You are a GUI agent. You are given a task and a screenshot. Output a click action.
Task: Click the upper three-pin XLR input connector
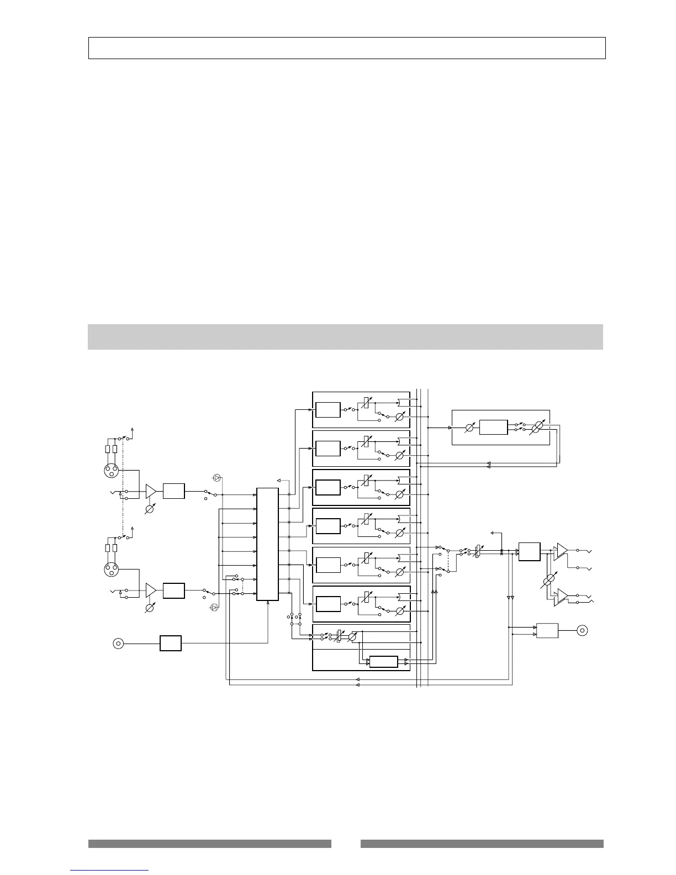point(112,471)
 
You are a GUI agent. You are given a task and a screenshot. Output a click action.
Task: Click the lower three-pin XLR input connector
point(112,570)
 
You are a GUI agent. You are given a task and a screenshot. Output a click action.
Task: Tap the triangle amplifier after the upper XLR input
point(151,491)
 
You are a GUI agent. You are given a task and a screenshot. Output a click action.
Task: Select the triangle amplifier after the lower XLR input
point(151,590)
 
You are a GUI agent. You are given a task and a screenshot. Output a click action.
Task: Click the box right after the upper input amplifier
point(174,491)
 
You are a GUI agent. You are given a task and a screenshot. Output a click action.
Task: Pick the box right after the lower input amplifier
point(174,590)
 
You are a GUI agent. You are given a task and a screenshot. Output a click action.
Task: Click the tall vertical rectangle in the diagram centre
point(267,544)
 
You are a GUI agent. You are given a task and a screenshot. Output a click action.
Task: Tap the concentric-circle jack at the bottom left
point(118,643)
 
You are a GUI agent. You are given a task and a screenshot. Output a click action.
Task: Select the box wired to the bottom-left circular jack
point(171,643)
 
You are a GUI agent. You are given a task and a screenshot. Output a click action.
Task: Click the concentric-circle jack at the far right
point(583,630)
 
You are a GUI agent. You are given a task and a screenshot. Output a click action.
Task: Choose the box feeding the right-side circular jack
point(547,630)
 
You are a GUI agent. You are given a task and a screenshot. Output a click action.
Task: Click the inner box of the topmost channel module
point(328,410)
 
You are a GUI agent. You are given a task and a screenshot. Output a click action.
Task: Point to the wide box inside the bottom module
point(383,662)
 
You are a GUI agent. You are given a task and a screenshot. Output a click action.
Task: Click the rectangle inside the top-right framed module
point(493,428)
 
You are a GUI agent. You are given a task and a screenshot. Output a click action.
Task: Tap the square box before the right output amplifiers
point(529,552)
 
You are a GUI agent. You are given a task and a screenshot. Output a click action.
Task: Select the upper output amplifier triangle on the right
point(562,550)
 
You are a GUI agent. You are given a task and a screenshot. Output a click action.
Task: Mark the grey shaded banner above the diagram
point(345,337)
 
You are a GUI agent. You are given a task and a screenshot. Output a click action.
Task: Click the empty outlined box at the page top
point(347,48)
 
